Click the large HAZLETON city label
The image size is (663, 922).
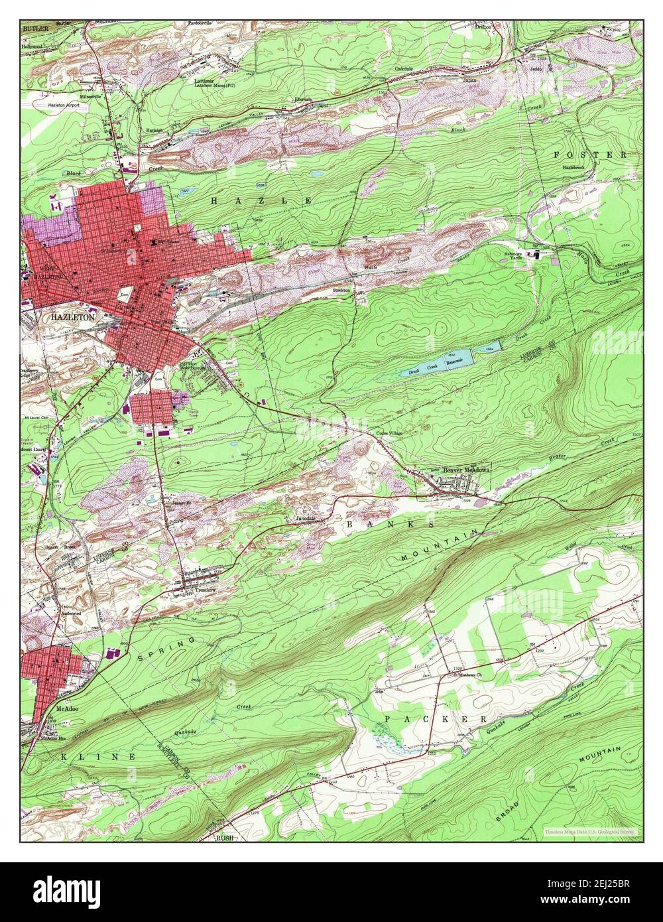pyautogui.click(x=74, y=318)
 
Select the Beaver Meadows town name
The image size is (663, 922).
pyautogui.click(x=466, y=469)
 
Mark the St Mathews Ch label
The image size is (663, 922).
pyautogui.click(x=466, y=675)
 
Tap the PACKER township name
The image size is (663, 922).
pyautogui.click(x=435, y=719)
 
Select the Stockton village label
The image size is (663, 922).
pyautogui.click(x=341, y=290)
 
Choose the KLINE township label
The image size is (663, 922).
pyautogui.click(x=99, y=756)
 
